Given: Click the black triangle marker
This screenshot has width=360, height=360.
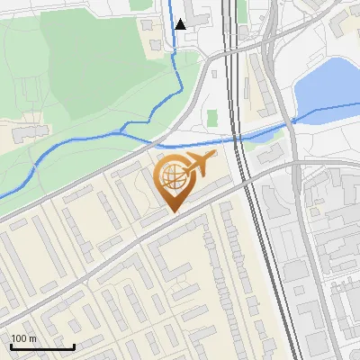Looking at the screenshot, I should point(181,24).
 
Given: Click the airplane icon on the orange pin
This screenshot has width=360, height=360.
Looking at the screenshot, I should point(199,165).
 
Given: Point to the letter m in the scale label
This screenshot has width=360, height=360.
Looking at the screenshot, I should point(33,337).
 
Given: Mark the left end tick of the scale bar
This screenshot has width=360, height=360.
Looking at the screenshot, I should point(11,346).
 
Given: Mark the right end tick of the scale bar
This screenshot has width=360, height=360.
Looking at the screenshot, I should point(74,346).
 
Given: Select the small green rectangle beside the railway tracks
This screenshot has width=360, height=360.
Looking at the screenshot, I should point(212,118).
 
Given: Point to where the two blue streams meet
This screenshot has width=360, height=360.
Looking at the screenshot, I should point(123,133).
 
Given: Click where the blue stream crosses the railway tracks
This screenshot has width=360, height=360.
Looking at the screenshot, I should point(239,138).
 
